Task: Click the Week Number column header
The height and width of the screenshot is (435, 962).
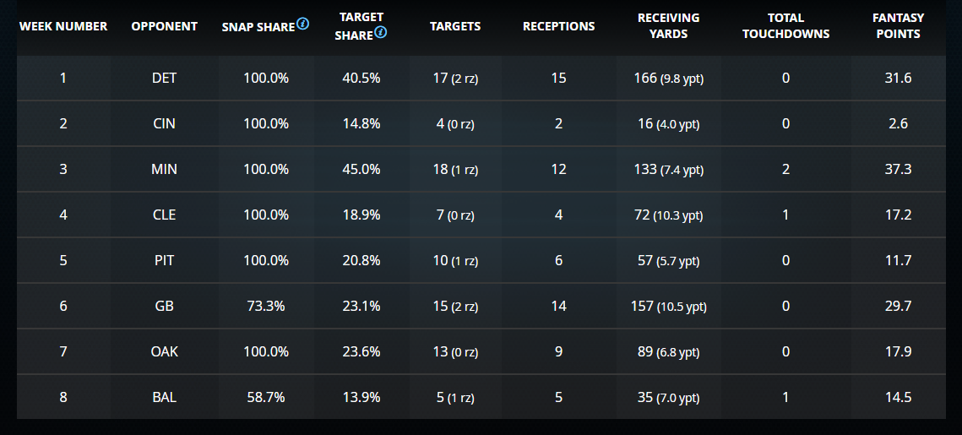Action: tap(63, 26)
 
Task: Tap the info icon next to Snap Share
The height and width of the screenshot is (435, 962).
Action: tap(302, 24)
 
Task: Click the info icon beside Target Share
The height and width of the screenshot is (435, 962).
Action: tap(381, 33)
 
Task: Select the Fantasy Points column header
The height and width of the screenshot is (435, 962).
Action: tap(898, 26)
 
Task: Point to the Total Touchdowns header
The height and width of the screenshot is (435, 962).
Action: tap(785, 26)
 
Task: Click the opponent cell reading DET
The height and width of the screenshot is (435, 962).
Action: tap(164, 78)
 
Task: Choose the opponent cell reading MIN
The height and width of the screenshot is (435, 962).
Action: tap(164, 169)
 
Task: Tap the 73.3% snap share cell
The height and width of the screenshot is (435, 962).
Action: tap(266, 306)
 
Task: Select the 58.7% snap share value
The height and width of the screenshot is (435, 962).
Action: tap(266, 397)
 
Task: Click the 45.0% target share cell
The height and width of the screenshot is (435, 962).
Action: tap(362, 169)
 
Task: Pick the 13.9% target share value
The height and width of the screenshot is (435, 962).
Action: tap(362, 397)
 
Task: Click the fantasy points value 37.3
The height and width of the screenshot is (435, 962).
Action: tap(897, 169)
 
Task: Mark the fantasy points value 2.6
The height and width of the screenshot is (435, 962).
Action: tap(898, 123)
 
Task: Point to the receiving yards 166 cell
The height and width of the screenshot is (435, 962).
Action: tap(668, 78)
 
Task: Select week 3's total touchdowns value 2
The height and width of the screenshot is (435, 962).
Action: tap(785, 169)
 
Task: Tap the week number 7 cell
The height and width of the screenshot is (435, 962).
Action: tap(63, 351)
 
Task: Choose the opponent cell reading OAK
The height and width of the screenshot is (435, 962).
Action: tap(164, 351)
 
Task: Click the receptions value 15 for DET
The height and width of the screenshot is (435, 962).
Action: tap(558, 78)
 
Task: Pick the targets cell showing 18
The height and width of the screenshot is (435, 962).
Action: tap(454, 169)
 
